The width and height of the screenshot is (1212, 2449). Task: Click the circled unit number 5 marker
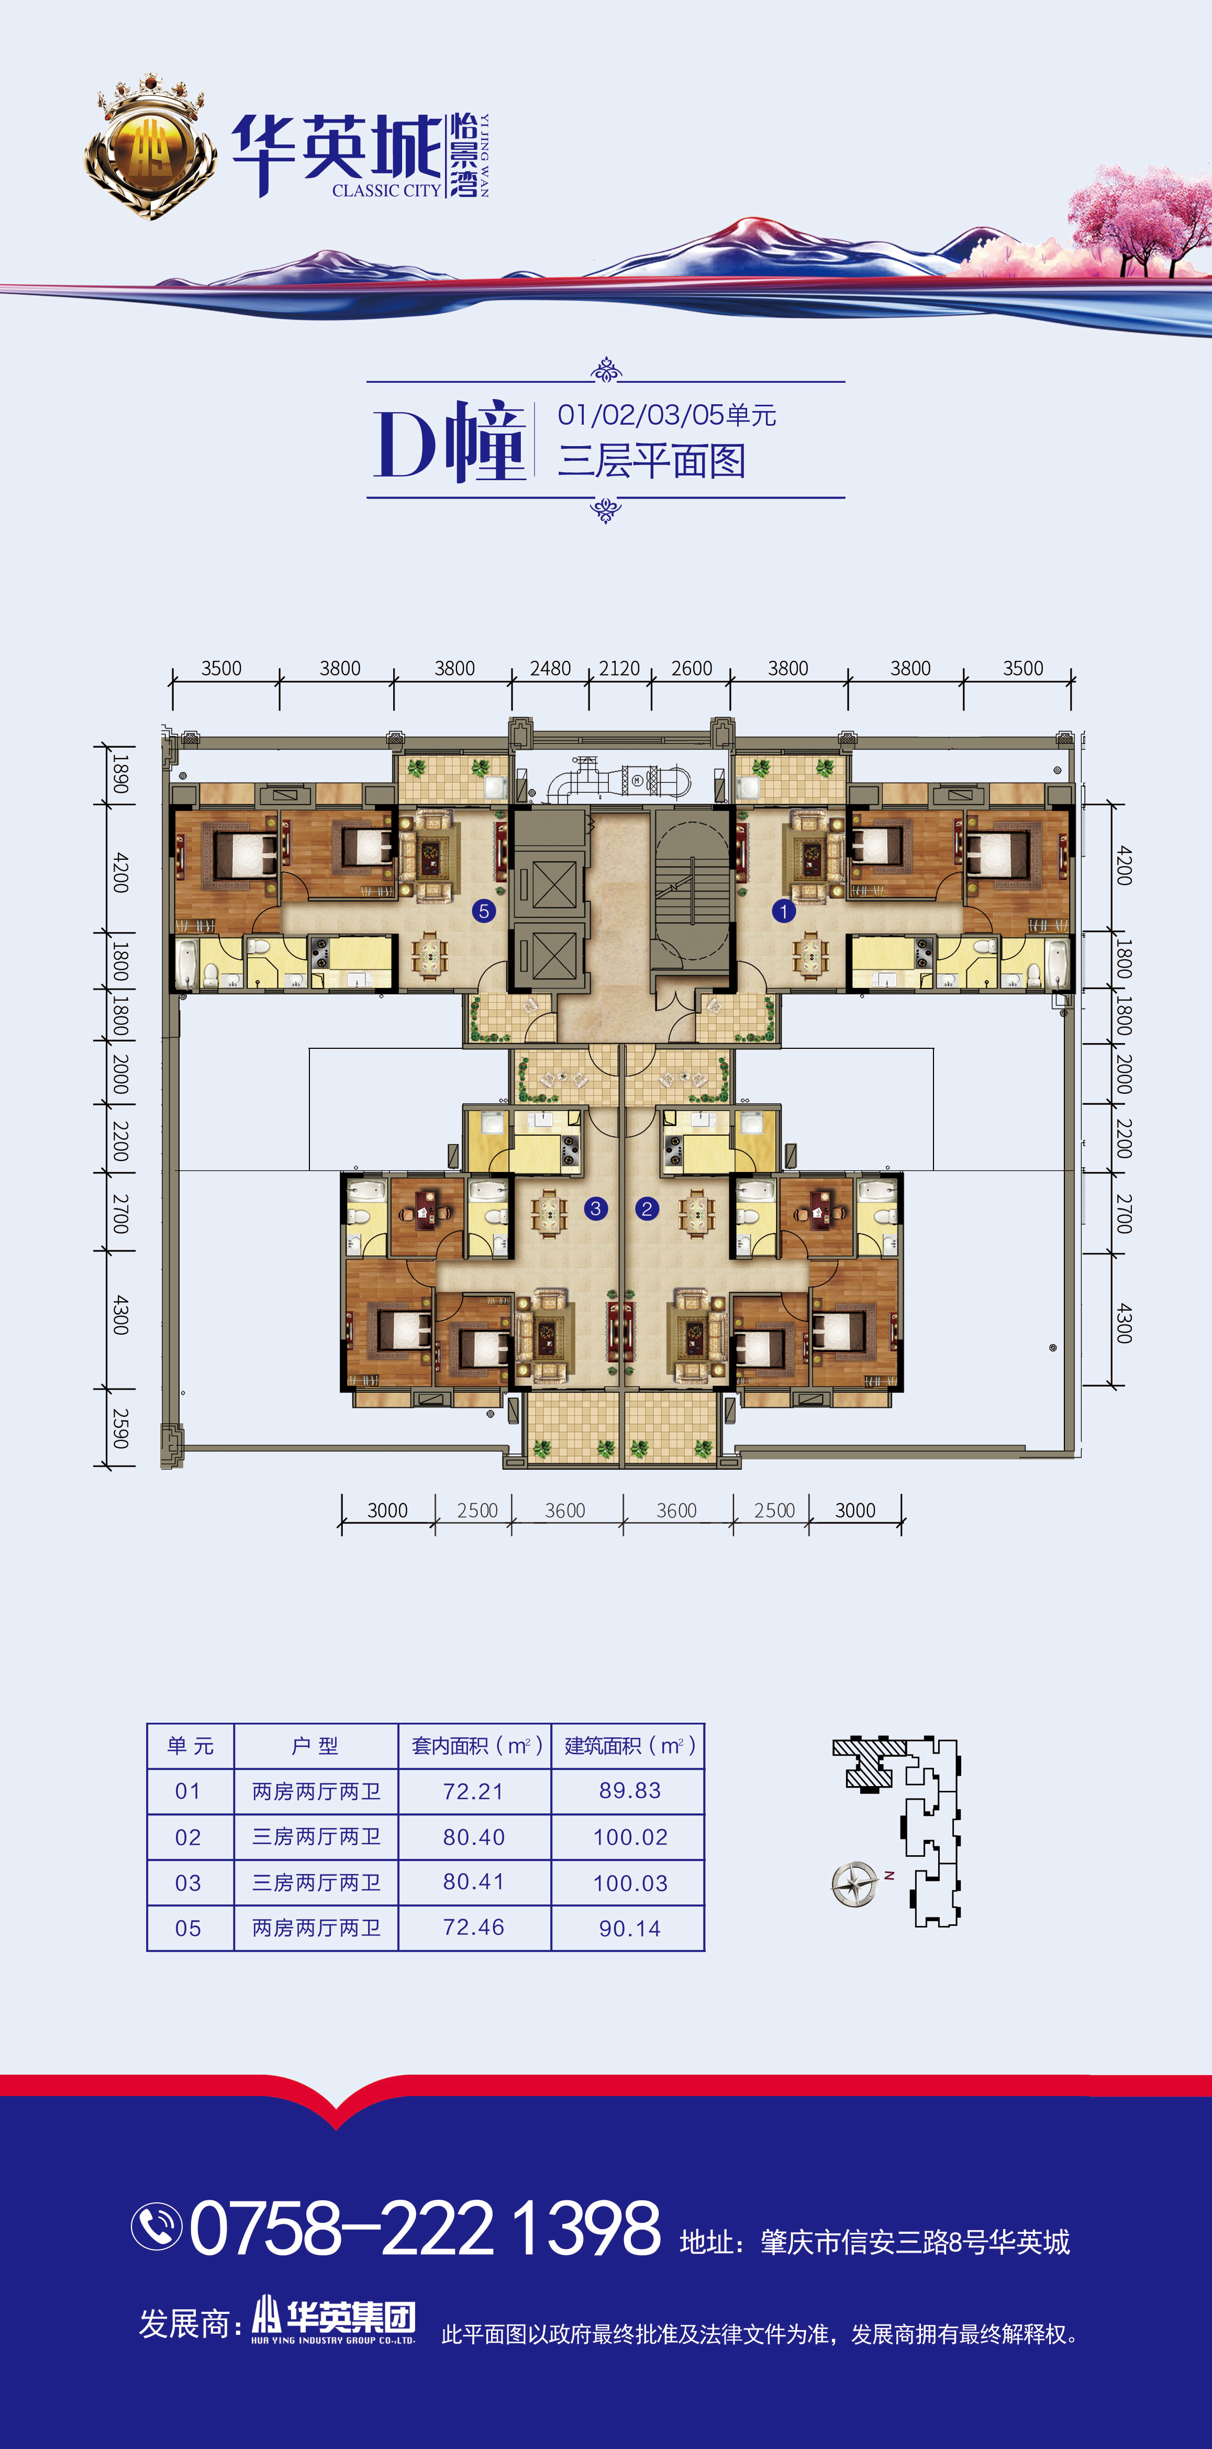click(x=484, y=911)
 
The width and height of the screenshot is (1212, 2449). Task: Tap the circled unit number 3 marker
click(x=595, y=1209)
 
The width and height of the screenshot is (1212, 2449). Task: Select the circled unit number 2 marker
click(x=647, y=1209)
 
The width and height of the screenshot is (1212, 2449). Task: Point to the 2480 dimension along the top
click(x=550, y=668)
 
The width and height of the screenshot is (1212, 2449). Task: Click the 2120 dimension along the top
click(x=620, y=668)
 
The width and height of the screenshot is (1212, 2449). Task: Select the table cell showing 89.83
click(x=629, y=1790)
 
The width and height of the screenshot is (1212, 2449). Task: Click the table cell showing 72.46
click(x=473, y=1927)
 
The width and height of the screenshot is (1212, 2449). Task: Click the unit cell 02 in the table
click(x=188, y=1837)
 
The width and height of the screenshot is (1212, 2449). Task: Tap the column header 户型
click(x=316, y=1745)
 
